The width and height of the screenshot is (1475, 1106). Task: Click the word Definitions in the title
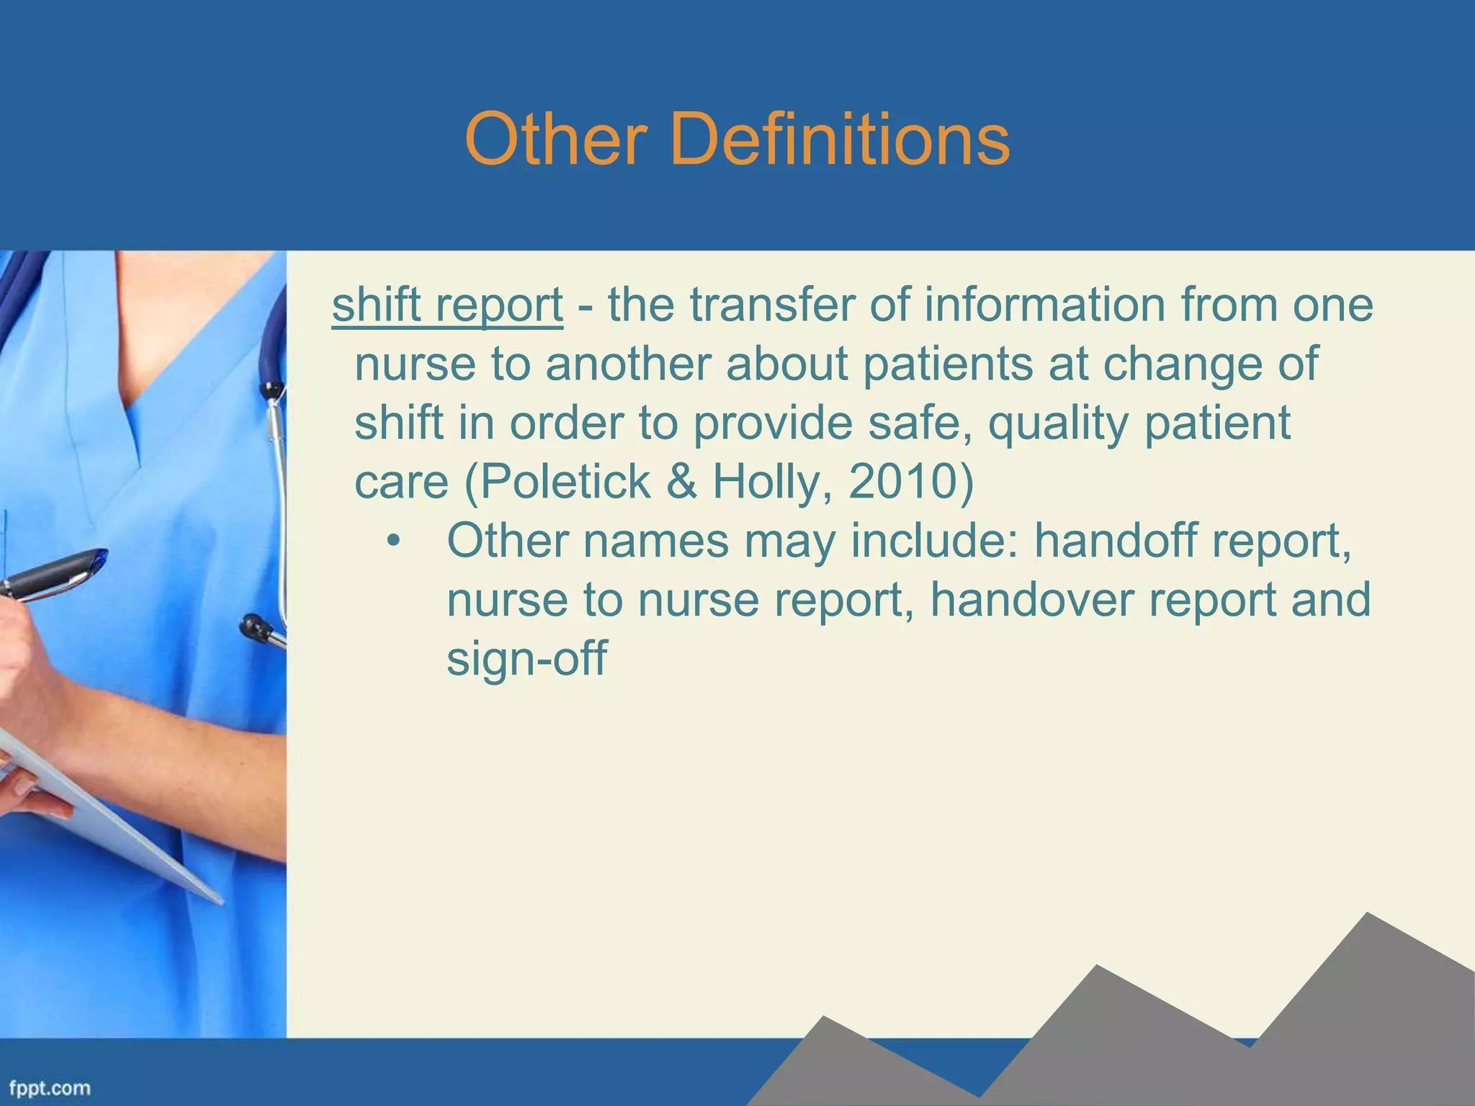tap(840, 139)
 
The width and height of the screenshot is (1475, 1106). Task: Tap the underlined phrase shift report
tap(447, 305)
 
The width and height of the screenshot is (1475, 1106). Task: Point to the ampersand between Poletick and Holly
tap(681, 482)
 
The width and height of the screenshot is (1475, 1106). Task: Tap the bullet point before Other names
tap(392, 542)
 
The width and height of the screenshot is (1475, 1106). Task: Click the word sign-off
tap(526, 657)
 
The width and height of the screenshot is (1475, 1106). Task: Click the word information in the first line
tap(1044, 305)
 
